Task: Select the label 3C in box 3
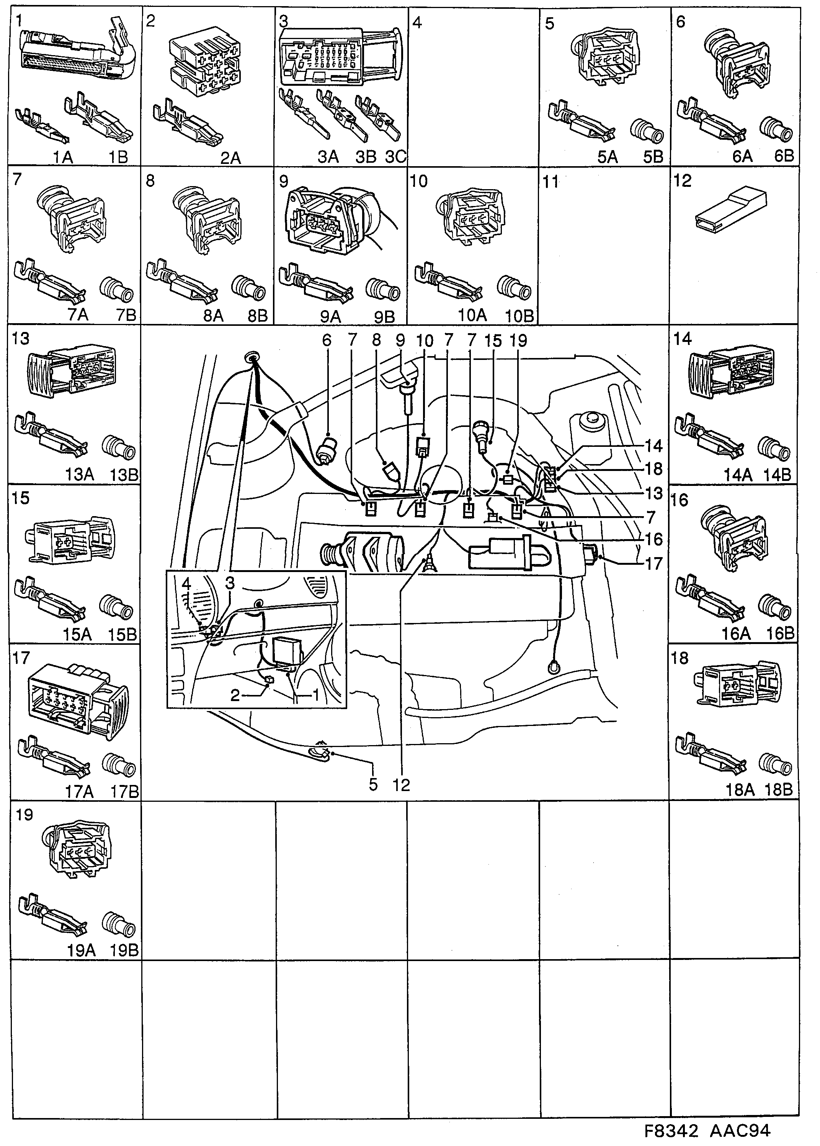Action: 396,157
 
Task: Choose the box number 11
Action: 551,181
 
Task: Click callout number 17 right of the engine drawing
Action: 653,563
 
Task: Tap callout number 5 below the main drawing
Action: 373,785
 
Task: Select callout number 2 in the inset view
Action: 235,695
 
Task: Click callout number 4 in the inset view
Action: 186,584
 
